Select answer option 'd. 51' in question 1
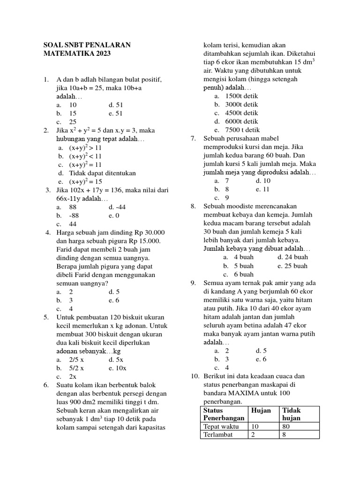click(116, 105)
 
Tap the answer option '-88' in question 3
click(74, 215)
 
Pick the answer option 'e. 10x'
click(117, 368)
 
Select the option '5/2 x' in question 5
click(76, 368)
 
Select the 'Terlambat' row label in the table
click(218, 435)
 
